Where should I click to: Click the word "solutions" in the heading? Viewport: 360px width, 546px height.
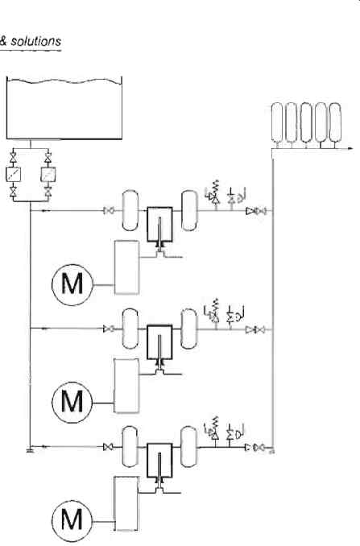[x=36, y=41]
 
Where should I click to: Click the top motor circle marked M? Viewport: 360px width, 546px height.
[x=72, y=284]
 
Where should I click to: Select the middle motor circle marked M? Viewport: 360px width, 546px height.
[x=72, y=402]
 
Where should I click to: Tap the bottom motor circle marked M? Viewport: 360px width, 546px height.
[x=72, y=520]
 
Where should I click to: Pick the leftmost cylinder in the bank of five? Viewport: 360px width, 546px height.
[x=277, y=122]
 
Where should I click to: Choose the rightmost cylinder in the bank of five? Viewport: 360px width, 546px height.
[x=335, y=122]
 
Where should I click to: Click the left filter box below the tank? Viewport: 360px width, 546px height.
[x=13, y=174]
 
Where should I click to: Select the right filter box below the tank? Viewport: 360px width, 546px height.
[x=48, y=174]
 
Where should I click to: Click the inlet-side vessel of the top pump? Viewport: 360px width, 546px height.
[x=130, y=210]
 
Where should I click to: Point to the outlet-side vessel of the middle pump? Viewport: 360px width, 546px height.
[x=188, y=329]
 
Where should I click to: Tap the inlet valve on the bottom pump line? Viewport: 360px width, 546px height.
[x=108, y=447]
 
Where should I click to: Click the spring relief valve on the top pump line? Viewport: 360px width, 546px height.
[x=214, y=193]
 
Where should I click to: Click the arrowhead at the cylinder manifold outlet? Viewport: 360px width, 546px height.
[x=350, y=149]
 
